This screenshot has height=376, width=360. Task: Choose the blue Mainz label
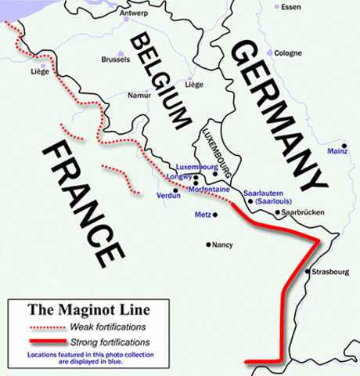(x=337, y=149)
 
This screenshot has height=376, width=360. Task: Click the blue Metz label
(x=202, y=214)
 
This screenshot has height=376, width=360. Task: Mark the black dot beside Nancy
(x=208, y=244)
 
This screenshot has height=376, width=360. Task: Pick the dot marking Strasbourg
(x=308, y=273)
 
